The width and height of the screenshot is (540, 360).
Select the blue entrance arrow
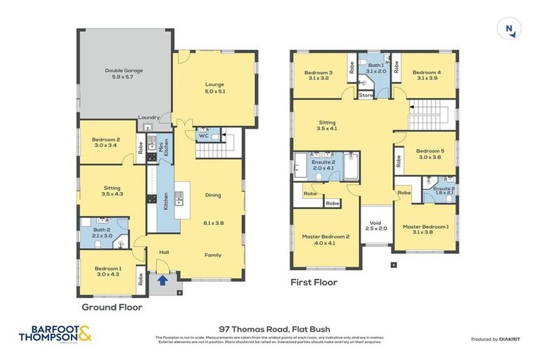point(162,280)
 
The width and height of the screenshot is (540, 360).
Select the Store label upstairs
point(366,95)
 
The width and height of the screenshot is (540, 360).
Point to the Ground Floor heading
point(112,307)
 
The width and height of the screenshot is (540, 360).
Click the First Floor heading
point(314,283)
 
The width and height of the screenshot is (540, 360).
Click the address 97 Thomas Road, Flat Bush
point(270,328)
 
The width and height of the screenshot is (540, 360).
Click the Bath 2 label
point(102,233)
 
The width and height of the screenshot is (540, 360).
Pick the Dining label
point(213,195)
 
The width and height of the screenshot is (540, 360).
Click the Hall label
point(164,252)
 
